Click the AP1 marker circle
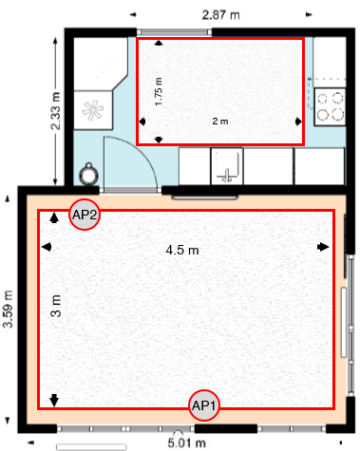(204, 405)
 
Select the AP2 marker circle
(85, 215)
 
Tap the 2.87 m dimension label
(220, 14)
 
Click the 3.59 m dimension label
(9, 309)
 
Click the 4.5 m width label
(181, 251)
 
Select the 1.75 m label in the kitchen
(159, 91)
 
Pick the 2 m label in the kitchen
(219, 122)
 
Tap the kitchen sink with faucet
(227, 168)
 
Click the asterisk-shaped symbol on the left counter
(94, 109)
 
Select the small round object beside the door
(89, 173)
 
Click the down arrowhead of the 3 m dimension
(54, 399)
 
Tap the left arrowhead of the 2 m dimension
(142, 122)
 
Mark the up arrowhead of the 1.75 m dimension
(159, 43)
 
